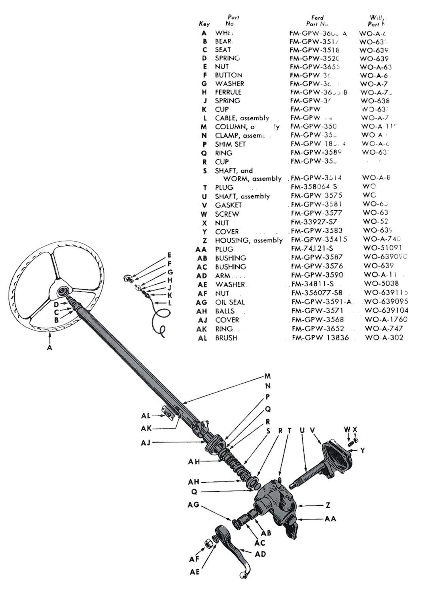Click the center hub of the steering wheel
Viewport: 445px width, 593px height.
tap(62, 292)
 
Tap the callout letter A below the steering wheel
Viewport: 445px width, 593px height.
tap(49, 348)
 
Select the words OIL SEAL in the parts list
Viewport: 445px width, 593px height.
tap(230, 302)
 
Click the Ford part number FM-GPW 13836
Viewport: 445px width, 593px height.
tap(320, 338)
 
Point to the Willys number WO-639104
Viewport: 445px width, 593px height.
tap(386, 311)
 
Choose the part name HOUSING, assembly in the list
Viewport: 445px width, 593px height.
tap(248, 240)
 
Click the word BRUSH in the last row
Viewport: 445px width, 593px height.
tap(226, 338)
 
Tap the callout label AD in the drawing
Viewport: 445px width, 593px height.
tap(260, 554)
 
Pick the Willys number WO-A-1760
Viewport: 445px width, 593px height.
tap(386, 319)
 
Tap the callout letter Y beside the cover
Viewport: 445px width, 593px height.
tap(362, 451)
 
